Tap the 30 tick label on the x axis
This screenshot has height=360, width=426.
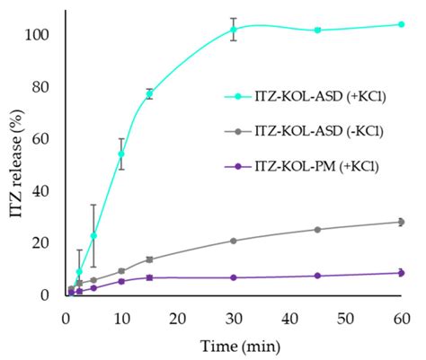coord(234,318)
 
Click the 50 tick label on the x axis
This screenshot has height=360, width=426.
coord(345,318)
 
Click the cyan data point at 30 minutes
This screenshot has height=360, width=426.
coord(234,30)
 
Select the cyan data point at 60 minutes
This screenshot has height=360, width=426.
coord(401,24)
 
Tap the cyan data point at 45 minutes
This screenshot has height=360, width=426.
coord(317,30)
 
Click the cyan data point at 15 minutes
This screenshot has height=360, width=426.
coord(149,94)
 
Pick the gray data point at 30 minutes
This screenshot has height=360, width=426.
coord(234,241)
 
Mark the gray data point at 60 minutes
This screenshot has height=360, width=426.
coord(401,222)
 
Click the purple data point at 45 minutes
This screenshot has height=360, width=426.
coord(317,276)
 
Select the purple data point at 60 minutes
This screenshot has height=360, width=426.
coord(401,273)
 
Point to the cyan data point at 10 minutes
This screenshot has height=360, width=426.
coord(121,154)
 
